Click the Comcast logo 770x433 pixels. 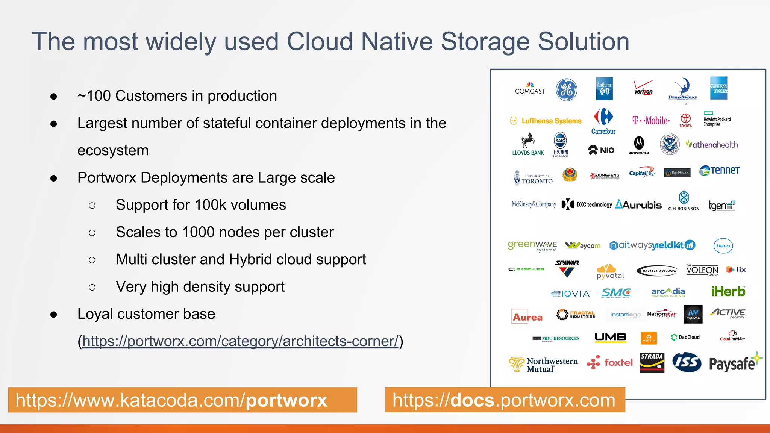tap(530, 89)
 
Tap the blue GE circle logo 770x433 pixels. tap(567, 90)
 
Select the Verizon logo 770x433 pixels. tap(643, 88)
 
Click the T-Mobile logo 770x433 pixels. tap(651, 120)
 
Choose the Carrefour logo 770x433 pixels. tap(603, 121)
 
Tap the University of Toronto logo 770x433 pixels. tap(533, 178)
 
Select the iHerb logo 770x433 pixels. tap(728, 291)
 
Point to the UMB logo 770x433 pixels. tap(611, 337)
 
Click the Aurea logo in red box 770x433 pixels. tap(527, 317)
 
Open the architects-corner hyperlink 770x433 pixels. tap(240, 341)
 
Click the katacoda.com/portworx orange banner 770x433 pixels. tap(182, 400)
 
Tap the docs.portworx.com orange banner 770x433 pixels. tap(505, 400)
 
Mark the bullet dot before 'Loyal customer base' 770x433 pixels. tap(54, 315)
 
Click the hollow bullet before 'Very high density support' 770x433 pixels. tap(92, 288)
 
